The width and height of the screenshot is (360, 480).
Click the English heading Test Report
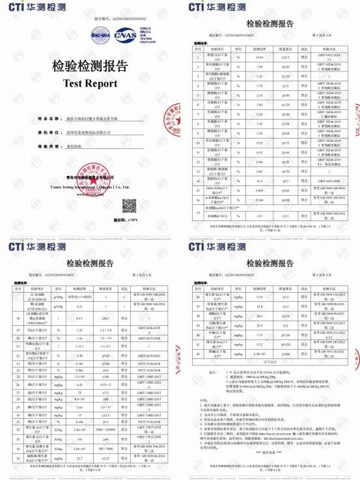pyautogui.click(x=90, y=83)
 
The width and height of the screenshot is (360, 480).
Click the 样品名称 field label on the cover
pyautogui.click(x=48, y=119)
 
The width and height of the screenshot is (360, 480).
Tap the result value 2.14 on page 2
pyautogui.click(x=260, y=95)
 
